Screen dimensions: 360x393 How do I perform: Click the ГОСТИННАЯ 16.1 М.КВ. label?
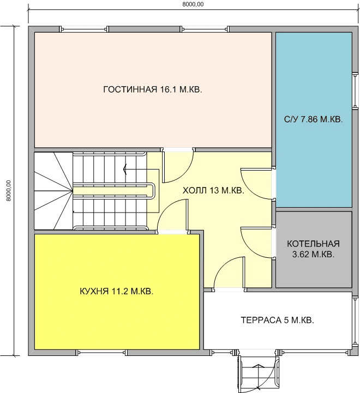(x=153, y=89)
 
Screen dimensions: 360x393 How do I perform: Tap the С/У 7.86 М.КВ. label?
(x=313, y=119)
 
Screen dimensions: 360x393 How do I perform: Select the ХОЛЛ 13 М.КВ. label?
(x=213, y=190)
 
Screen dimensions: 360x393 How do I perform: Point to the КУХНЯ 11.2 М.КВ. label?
(x=116, y=292)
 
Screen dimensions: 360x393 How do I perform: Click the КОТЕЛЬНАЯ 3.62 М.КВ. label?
(x=313, y=249)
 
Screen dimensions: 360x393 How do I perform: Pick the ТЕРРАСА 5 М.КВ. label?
(x=277, y=321)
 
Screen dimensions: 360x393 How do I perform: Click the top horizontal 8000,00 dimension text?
(x=193, y=4)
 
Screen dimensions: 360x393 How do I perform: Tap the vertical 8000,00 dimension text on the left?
(x=9, y=191)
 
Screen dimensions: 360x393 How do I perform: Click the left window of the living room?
(x=84, y=29)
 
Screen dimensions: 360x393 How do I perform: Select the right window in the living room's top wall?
(x=205, y=29)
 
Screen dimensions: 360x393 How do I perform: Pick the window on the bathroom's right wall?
(x=355, y=90)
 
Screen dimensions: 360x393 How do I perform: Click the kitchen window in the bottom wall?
(x=101, y=353)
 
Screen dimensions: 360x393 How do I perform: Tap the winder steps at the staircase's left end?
(x=53, y=191)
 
